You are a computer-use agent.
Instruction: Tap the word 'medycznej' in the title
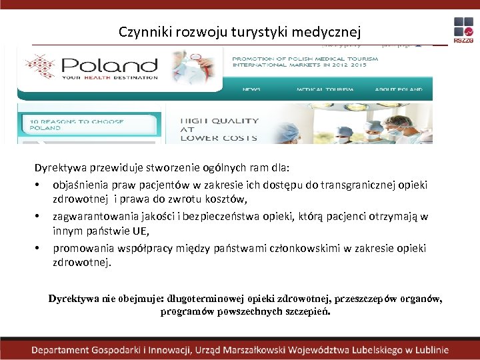[x=331, y=31]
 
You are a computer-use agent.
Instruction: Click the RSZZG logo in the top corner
[x=463, y=30]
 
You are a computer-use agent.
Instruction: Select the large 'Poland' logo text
[x=110, y=65]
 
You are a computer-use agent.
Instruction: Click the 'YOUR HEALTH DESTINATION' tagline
[x=110, y=77]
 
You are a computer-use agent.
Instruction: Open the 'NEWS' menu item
[x=251, y=89]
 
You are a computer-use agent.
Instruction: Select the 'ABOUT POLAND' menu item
[x=398, y=89]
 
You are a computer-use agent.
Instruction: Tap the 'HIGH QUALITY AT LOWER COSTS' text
[x=219, y=129]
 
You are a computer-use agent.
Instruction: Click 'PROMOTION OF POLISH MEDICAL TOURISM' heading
[x=305, y=59]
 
